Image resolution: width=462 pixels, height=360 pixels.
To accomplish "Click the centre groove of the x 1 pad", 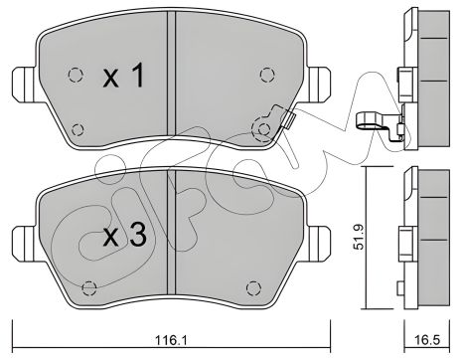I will click(171, 80).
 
